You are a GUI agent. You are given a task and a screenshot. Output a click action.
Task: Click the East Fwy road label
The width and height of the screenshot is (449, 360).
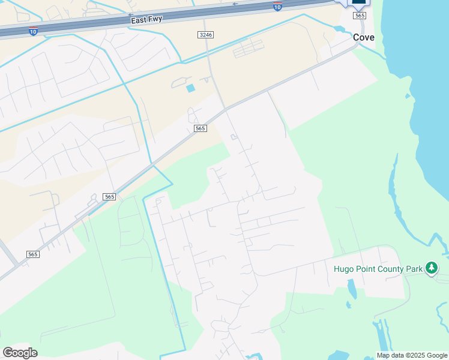(x=146, y=20)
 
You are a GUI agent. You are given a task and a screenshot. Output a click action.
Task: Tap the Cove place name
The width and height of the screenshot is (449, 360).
(x=364, y=37)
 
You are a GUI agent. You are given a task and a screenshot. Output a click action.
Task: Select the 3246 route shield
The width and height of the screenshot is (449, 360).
(x=205, y=35)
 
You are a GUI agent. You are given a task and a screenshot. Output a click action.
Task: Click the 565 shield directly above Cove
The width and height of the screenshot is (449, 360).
(x=360, y=16)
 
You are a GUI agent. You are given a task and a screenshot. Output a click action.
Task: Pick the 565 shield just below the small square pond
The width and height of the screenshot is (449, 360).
(x=200, y=128)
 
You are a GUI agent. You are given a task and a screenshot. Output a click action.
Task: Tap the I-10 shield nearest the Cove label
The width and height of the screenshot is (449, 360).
(x=277, y=6)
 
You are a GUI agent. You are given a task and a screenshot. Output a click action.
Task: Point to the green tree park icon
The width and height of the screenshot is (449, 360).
(x=432, y=268)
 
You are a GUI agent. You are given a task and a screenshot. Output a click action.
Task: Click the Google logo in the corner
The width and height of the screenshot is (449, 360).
(x=20, y=353)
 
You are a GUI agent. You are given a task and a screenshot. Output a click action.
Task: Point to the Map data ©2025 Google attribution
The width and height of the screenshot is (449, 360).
(x=412, y=355)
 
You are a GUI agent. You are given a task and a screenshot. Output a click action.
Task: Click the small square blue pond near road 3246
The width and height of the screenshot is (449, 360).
(x=191, y=89)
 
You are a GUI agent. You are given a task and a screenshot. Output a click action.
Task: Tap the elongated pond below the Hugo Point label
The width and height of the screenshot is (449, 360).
(x=351, y=290)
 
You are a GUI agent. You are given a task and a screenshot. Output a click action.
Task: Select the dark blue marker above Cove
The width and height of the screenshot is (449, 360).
(x=358, y=2)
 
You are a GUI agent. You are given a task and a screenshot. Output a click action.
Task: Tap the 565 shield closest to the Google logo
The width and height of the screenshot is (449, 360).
(x=33, y=254)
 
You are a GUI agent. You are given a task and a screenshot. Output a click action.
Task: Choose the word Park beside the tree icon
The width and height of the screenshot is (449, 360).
(x=415, y=269)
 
